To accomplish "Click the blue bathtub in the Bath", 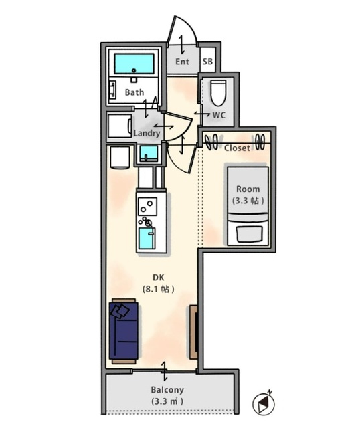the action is [134, 64].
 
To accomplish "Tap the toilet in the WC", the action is [218, 92].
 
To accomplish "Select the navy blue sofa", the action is [124, 331].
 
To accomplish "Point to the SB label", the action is [207, 61].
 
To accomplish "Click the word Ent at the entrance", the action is [182, 62].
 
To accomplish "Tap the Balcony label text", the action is [167, 389].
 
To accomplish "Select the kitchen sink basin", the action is [147, 238].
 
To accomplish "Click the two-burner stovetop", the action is [147, 207].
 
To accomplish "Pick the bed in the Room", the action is [248, 206].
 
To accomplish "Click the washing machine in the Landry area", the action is [120, 126].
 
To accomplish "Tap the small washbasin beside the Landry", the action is [149, 154].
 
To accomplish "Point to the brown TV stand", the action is [193, 332].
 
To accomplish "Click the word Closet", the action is [237, 148].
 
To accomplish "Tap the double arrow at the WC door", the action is [202, 113].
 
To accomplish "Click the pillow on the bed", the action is [250, 234].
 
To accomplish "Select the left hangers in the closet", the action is [211, 142].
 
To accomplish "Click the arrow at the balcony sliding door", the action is [164, 371].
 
